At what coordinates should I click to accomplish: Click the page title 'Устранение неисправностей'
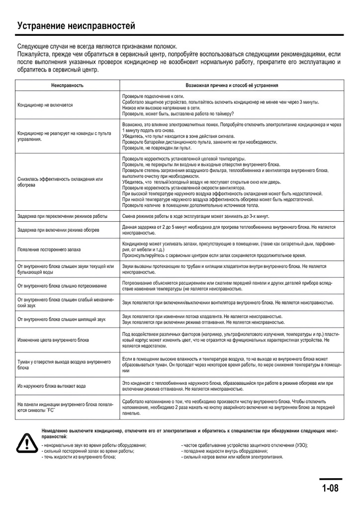76,26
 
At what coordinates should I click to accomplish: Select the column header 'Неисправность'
67,85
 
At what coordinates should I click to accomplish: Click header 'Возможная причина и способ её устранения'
232,85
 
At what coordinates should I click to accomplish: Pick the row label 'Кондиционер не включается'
45,105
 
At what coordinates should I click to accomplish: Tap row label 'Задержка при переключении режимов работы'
62,216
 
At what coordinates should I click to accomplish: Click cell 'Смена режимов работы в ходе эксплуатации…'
195,216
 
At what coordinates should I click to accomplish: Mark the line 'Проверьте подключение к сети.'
150,95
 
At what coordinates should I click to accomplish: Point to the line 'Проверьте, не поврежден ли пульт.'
157,148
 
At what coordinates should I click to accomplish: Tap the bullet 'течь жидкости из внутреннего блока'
79,456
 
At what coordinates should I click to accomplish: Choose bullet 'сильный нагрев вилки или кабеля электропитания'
232,456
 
